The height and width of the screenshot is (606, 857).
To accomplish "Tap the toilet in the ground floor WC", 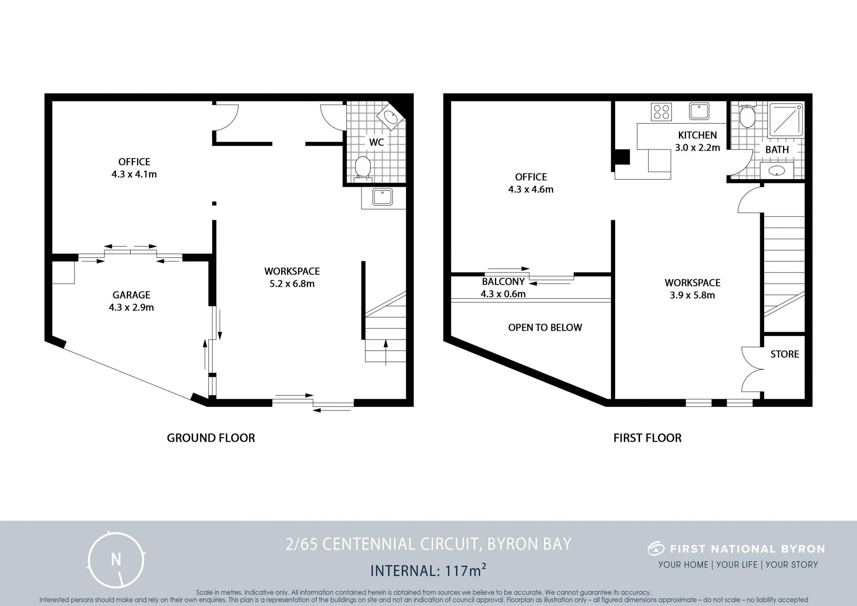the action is (x=362, y=169).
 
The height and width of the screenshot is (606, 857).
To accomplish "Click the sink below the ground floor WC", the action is (x=383, y=197).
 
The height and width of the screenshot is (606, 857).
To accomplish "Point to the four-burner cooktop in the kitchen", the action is (x=661, y=112).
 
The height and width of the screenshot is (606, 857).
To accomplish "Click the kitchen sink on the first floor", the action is (x=699, y=111).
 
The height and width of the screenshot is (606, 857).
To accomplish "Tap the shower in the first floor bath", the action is (x=786, y=120).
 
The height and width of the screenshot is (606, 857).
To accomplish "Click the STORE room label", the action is (x=784, y=354).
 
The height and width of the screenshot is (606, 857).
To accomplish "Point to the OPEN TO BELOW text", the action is (x=545, y=327).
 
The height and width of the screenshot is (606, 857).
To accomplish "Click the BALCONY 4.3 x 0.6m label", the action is (x=503, y=288).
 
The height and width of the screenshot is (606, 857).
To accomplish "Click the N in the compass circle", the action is (x=116, y=559).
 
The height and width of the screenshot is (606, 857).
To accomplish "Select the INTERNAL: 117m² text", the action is (x=428, y=570).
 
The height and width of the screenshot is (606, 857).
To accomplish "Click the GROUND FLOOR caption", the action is (x=211, y=438).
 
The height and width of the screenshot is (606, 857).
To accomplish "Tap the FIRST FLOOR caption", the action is (x=647, y=438).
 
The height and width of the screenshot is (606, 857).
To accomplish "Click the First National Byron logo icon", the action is (x=656, y=548).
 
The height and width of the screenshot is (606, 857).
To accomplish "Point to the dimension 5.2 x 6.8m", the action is (x=292, y=284).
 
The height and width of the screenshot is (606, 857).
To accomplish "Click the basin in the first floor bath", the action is (x=777, y=170).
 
